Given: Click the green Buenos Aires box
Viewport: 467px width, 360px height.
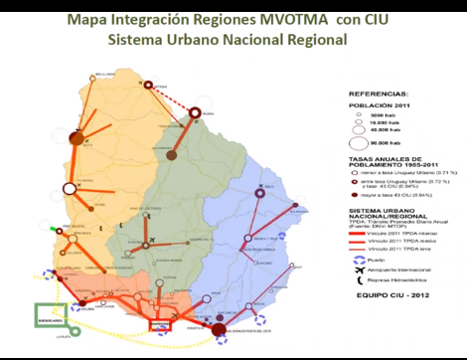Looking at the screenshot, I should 50,314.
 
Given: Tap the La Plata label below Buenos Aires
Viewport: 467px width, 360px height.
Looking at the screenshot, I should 50,339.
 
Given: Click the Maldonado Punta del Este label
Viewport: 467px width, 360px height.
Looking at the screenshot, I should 248,332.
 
